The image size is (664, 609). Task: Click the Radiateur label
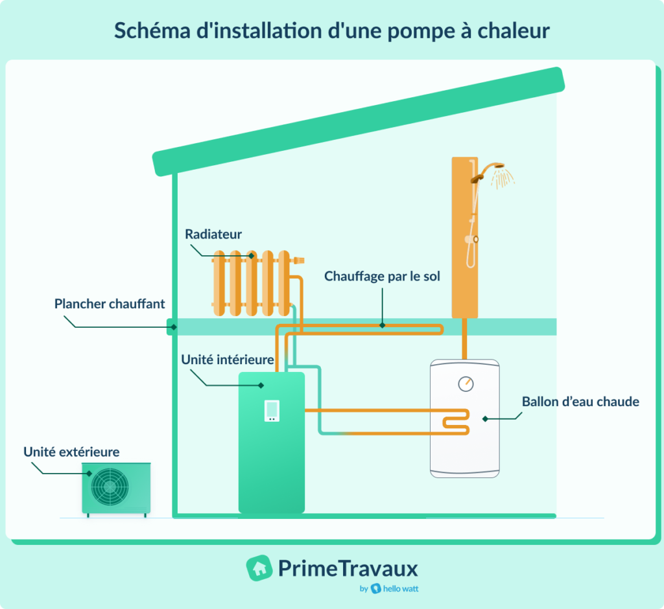click(213, 234)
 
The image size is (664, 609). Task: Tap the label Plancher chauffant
click(110, 303)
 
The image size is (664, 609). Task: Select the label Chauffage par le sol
click(382, 277)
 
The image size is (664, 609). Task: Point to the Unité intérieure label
click(227, 359)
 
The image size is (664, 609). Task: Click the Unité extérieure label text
click(71, 452)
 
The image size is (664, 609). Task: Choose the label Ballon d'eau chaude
click(580, 402)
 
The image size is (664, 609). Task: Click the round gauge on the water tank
click(466, 384)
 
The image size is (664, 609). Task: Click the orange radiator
click(251, 284)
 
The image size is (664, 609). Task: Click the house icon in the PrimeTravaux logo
click(259, 568)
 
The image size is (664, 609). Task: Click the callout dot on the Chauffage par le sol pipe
click(382, 325)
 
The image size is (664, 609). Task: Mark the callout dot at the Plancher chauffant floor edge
click(172, 327)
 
